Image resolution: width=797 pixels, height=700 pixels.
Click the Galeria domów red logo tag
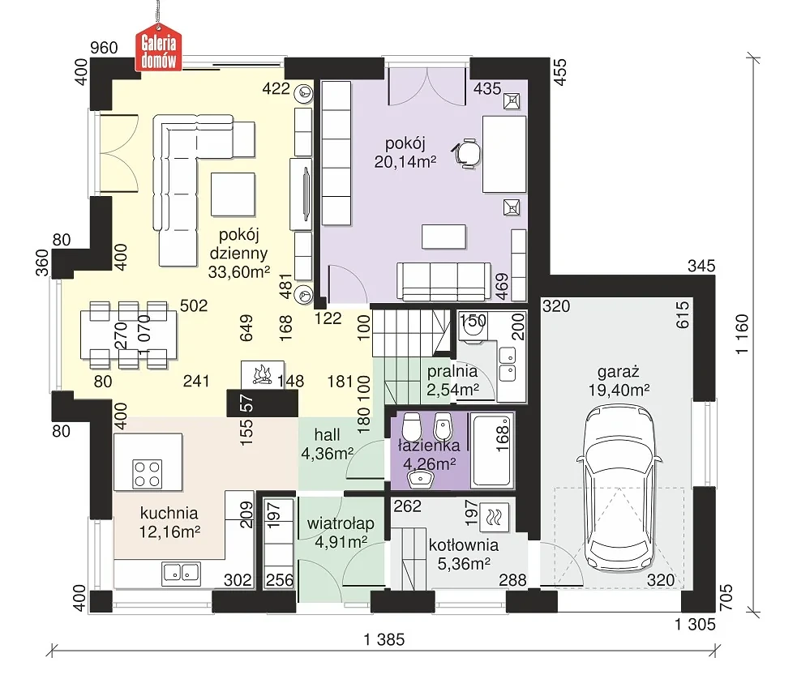click(159, 48)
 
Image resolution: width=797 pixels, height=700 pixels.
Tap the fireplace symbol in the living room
click(262, 375)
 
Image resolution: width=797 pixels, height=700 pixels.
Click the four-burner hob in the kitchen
click(148, 473)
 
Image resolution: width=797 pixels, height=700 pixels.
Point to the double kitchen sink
click(181, 573)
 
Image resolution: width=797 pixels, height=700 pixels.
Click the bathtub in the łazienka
click(492, 450)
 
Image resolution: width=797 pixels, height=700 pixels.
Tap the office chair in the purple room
click(466, 152)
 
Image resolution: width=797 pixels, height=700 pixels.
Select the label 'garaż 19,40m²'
click(619, 381)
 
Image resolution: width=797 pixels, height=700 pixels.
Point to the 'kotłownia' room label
click(463, 545)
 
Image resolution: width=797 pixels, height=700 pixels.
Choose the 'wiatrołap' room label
click(341, 523)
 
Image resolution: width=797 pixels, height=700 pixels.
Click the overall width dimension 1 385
click(384, 639)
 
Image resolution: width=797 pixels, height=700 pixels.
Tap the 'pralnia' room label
click(452, 371)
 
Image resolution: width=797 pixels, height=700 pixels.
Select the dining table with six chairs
click(129, 335)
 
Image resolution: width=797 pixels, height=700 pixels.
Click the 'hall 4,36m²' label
click(328, 444)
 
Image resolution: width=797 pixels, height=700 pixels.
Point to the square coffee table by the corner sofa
click(233, 194)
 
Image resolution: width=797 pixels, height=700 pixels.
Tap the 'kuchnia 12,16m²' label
click(169, 523)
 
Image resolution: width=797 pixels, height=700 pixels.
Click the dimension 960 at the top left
click(104, 48)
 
